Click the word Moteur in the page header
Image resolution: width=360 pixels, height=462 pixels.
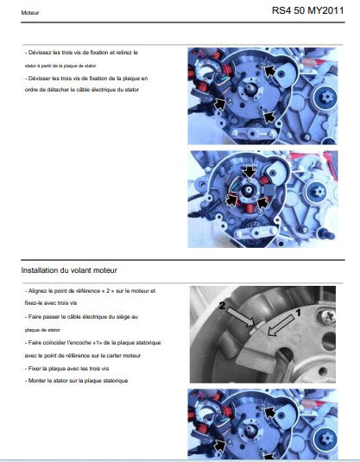tap(29, 13)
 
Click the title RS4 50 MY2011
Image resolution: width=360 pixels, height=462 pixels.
tap(307, 10)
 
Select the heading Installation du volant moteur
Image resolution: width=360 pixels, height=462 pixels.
tap(69, 270)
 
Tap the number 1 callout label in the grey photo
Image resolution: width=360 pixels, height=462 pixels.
tap(298, 313)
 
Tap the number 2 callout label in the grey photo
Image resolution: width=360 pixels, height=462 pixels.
tap(222, 307)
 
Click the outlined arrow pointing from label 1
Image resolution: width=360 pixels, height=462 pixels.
tap(281, 326)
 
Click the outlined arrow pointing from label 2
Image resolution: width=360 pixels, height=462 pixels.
tap(240, 317)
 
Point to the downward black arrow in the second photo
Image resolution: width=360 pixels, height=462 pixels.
tap(249, 172)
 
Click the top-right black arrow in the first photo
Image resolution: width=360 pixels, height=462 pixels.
tap(270, 71)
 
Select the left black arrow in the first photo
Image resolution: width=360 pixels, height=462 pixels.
tap(219, 104)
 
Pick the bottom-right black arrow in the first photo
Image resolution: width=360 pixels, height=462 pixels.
tap(268, 117)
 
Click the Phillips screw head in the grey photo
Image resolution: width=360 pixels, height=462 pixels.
tap(327, 316)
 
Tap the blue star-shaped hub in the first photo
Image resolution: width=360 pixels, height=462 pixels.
tap(326, 98)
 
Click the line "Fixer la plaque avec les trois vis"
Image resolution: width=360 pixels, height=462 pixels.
tap(66, 368)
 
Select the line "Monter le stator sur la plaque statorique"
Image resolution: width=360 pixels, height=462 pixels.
tap(76, 381)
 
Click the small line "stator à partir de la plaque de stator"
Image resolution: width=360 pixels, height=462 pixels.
tap(60, 66)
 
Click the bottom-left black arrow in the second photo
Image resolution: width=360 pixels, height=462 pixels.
tap(231, 200)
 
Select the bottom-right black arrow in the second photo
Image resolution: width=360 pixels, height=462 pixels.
tap(262, 203)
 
